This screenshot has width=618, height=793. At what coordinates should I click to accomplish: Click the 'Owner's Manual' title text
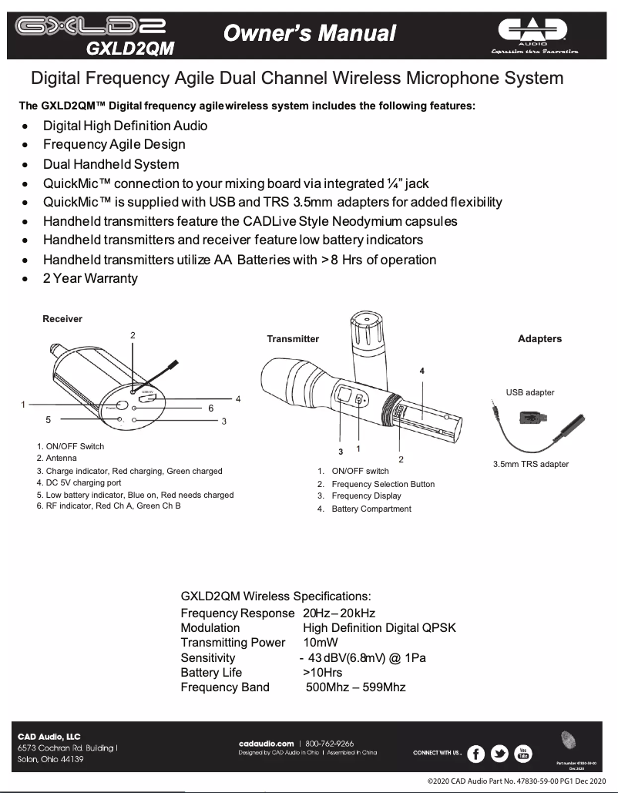(x=309, y=33)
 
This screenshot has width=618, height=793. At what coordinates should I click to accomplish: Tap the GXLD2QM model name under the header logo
(x=130, y=49)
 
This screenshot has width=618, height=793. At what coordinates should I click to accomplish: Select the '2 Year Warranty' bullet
(x=90, y=278)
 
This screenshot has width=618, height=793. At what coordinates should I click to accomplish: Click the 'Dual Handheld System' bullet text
(x=111, y=164)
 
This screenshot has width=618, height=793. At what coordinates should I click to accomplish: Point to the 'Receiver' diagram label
(x=62, y=318)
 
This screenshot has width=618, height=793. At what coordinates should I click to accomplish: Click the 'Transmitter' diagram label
(x=293, y=338)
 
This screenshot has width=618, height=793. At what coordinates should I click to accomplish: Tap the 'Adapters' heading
(x=539, y=338)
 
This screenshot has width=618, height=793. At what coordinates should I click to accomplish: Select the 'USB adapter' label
(x=529, y=392)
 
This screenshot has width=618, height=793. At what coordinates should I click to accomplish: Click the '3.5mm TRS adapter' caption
(x=531, y=464)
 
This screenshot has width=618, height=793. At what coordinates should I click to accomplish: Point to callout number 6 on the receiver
(x=211, y=408)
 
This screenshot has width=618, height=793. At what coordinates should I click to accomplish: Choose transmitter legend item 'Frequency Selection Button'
(x=383, y=484)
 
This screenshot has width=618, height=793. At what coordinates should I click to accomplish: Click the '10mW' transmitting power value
(x=321, y=643)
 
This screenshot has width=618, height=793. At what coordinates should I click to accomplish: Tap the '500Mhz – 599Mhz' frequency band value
(x=355, y=687)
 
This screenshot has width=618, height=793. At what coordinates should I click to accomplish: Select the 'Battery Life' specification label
(x=211, y=672)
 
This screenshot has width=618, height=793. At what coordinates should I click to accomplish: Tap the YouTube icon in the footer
(x=523, y=754)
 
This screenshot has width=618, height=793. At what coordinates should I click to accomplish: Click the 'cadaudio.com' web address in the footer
(x=267, y=743)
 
